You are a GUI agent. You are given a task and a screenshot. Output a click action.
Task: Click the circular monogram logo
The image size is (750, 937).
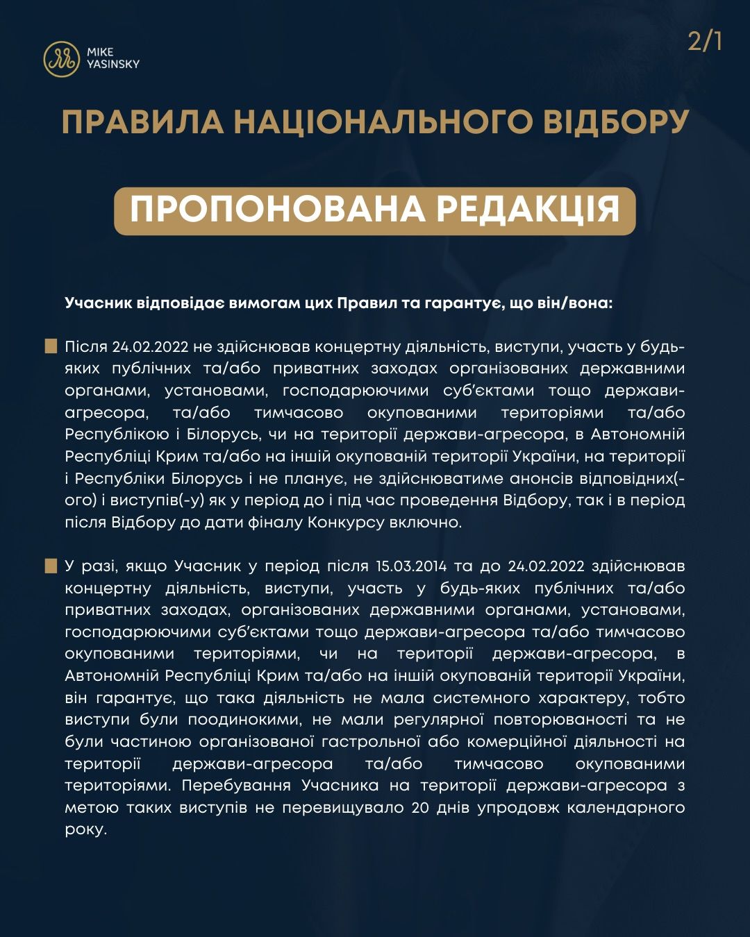pyautogui.click(x=61, y=58)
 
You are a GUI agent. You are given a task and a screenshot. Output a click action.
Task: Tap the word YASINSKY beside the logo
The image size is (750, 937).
pyautogui.click(x=113, y=65)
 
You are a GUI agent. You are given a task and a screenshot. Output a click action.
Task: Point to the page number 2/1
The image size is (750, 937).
pyautogui.click(x=705, y=42)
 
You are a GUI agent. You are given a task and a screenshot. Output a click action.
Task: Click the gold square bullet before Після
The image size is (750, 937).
pyautogui.click(x=51, y=346)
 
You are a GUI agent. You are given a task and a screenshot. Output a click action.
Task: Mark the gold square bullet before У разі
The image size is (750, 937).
pyautogui.click(x=51, y=566)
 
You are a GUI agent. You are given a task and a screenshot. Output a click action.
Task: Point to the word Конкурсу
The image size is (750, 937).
pyautogui.click(x=347, y=523)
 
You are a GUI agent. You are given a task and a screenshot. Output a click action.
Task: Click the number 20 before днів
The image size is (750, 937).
pyautogui.click(x=420, y=808)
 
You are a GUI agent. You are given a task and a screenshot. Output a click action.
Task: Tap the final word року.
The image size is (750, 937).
pyautogui.click(x=85, y=830)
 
